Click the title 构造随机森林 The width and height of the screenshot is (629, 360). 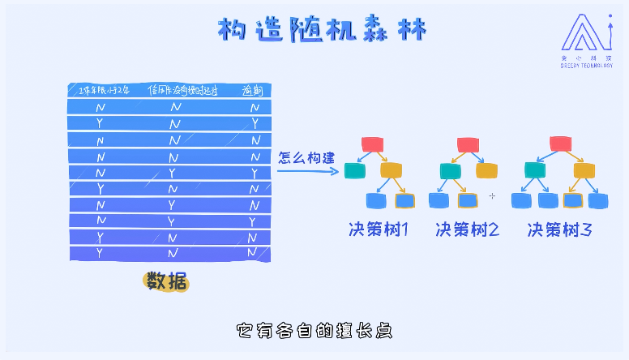click(322, 30)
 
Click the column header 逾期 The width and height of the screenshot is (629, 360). click(254, 91)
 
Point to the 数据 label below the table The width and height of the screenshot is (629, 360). click(165, 281)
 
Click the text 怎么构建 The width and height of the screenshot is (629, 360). click(306, 158)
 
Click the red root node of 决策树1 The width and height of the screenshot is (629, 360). click(372, 144)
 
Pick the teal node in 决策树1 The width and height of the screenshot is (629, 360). click(355, 170)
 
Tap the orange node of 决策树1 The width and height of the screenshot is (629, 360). click(392, 170)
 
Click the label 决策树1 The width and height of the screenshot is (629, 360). click(379, 229)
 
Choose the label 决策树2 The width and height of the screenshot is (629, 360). click(467, 229)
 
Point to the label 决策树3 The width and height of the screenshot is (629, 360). click(559, 229)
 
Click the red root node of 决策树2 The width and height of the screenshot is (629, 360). click(469, 144)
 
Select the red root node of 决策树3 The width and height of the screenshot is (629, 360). click(561, 144)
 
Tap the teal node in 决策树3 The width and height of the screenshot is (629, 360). click(533, 169)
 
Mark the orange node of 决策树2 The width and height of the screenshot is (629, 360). click(486, 171)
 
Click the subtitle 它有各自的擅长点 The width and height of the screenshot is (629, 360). click(314, 331)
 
